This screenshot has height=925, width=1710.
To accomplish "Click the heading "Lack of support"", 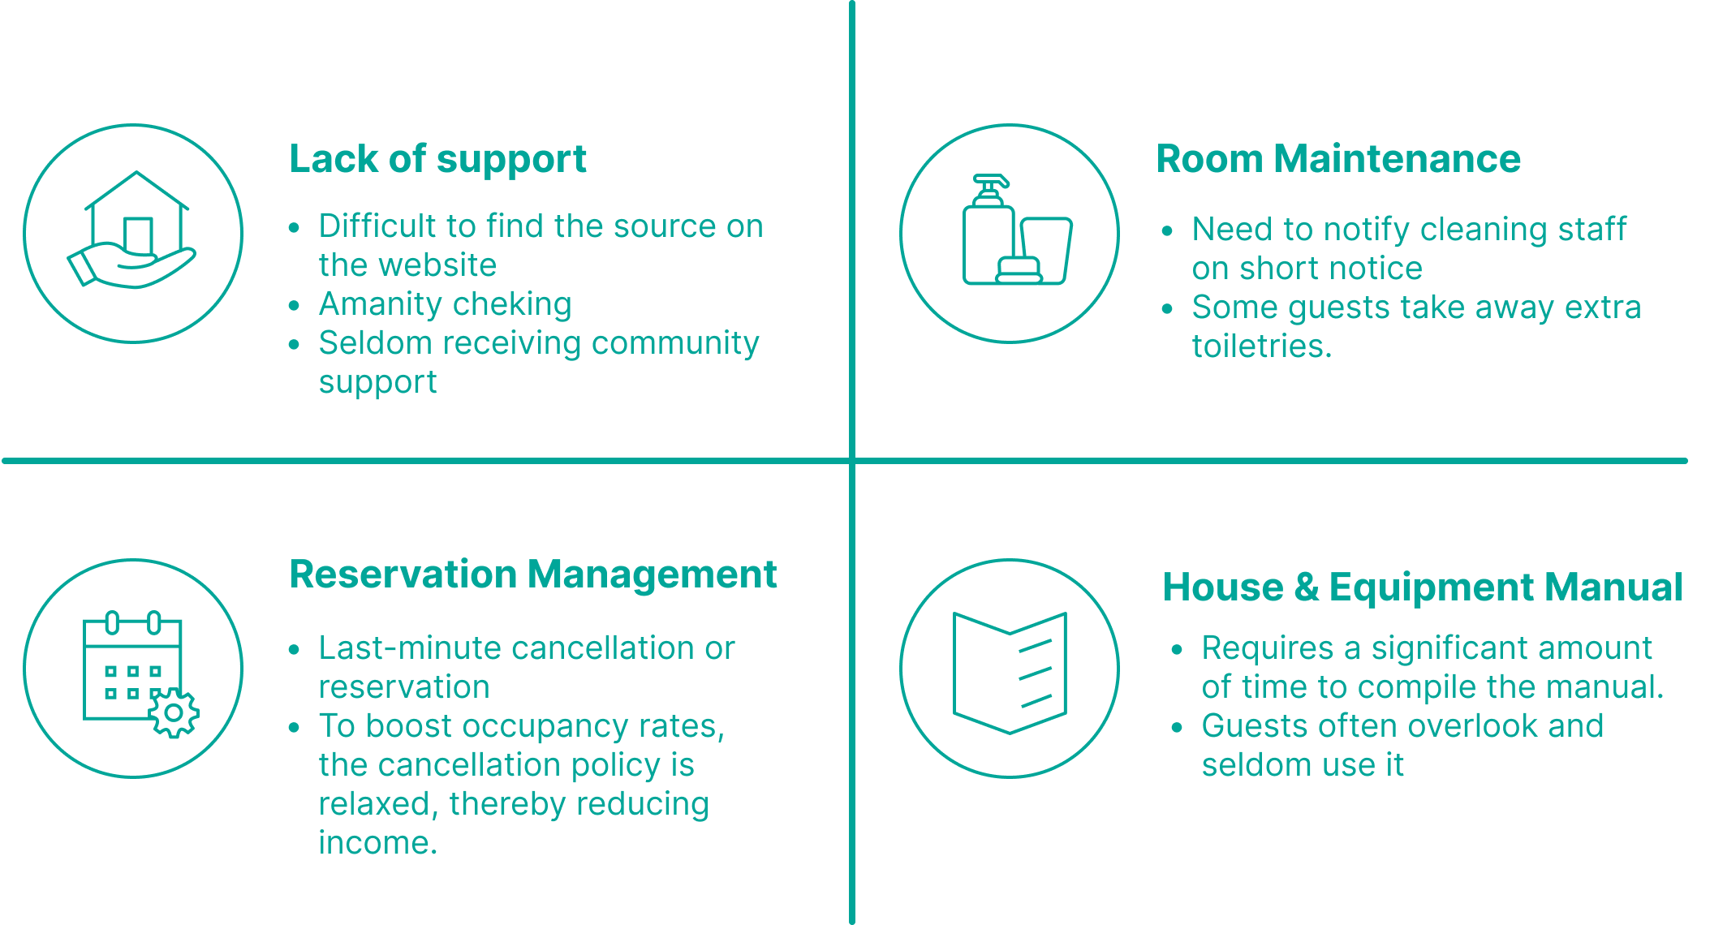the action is (x=437, y=159).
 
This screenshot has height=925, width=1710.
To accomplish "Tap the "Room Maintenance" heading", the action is (x=1337, y=159).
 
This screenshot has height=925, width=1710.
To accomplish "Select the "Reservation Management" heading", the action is (x=533, y=574).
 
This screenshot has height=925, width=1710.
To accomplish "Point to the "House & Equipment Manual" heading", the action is (x=1422, y=587).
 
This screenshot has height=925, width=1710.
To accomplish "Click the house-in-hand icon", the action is (x=133, y=232).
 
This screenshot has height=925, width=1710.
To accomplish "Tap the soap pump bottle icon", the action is (x=989, y=231).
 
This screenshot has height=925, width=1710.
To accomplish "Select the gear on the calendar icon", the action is (x=174, y=713).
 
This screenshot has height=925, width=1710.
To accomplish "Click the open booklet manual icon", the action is (x=1010, y=672).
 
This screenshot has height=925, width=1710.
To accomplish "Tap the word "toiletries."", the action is (x=1261, y=346).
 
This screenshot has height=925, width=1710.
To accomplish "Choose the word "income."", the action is (x=377, y=843).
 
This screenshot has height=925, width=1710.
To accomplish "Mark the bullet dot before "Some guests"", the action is (x=1167, y=308).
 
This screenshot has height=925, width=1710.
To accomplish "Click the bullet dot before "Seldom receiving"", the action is (x=294, y=344).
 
